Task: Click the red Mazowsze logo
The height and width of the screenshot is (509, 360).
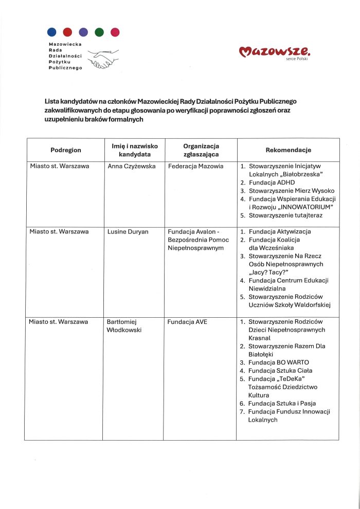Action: pyautogui.click(x=275, y=51)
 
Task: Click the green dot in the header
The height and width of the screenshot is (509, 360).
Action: pyautogui.click(x=100, y=32)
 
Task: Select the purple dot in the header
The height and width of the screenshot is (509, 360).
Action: pyautogui.click(x=83, y=32)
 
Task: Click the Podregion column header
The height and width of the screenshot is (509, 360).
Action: pyautogui.click(x=66, y=150)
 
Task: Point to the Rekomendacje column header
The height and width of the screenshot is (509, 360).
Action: pyautogui.click(x=288, y=150)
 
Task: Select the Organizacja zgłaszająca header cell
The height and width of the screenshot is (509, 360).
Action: pyautogui.click(x=201, y=150)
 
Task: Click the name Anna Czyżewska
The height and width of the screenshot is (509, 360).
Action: pyautogui.click(x=132, y=167)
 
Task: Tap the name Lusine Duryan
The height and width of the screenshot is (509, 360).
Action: pyautogui.click(x=128, y=232)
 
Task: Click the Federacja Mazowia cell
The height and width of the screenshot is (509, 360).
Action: pyautogui.click(x=195, y=167)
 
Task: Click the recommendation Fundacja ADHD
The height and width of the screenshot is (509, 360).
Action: pyautogui.click(x=272, y=183)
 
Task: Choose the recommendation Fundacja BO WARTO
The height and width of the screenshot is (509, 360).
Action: pyautogui.click(x=278, y=362)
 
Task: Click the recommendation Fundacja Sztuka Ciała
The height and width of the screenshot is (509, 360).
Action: pyautogui.click(x=280, y=371)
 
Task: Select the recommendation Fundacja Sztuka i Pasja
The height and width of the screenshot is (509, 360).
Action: pyautogui.click(x=282, y=404)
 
